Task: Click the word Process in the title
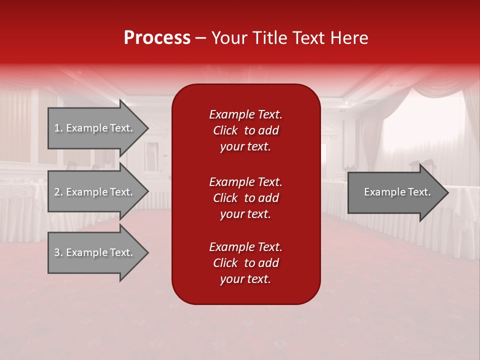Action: (x=157, y=38)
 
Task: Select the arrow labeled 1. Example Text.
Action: (x=95, y=128)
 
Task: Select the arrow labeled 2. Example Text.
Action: (x=95, y=192)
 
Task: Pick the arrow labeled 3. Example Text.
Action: (x=95, y=252)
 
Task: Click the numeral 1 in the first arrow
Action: (x=57, y=128)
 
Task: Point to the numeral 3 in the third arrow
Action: (x=57, y=252)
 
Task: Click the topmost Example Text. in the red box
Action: (x=245, y=114)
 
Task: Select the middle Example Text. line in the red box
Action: (x=245, y=181)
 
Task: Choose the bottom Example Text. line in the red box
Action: (x=245, y=247)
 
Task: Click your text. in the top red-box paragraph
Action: (x=245, y=147)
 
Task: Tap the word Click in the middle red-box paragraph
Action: (x=225, y=198)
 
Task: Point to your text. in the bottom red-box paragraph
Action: (x=245, y=279)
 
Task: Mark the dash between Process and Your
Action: (x=200, y=38)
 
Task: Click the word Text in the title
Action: (x=309, y=38)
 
